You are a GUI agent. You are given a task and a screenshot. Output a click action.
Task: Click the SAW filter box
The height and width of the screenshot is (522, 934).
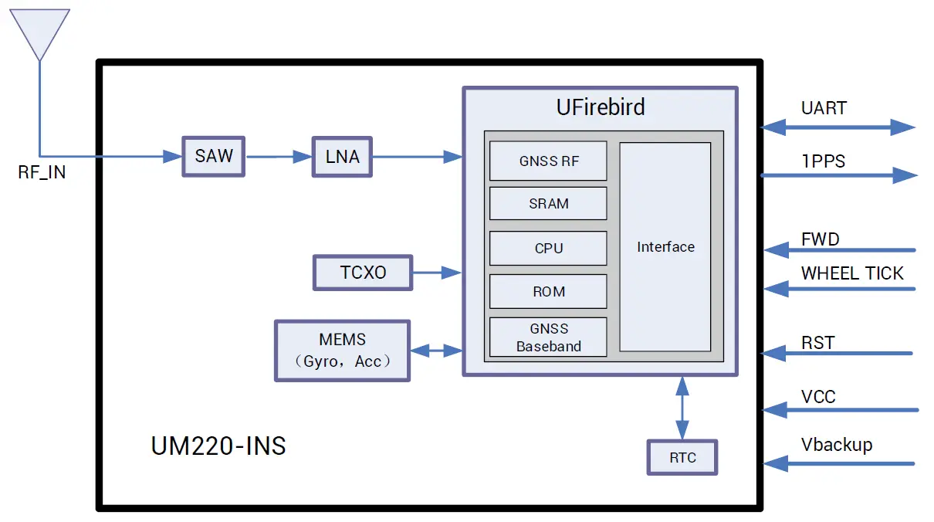point(213,156)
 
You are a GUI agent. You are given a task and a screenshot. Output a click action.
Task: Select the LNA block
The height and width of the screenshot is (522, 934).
point(342,157)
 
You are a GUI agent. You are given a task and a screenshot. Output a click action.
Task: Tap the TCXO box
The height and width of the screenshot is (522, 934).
point(362,273)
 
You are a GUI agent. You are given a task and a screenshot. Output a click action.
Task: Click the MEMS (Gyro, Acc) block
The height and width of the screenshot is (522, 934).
point(342,351)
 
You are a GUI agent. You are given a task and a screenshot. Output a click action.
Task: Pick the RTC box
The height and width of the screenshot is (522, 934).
point(682,457)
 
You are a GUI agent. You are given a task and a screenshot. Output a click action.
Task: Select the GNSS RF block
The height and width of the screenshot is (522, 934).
point(548,161)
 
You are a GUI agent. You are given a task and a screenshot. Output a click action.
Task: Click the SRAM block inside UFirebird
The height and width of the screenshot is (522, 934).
point(548,204)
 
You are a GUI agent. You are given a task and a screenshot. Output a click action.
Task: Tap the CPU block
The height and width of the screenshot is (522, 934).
point(548,249)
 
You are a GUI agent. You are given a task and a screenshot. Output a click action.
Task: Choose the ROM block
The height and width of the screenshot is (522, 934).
point(548,292)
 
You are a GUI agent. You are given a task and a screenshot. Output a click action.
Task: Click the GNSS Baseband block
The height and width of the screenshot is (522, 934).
point(548,337)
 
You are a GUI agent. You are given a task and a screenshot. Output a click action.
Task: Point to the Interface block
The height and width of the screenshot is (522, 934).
point(665,247)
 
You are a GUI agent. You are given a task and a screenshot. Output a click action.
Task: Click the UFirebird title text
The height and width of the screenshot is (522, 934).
point(601,107)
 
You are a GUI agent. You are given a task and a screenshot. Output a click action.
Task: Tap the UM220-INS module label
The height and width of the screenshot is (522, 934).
point(218,446)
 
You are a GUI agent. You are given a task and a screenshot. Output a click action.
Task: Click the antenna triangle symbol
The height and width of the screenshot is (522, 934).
point(38,31)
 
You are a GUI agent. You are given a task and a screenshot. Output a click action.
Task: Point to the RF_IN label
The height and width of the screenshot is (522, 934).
point(42,173)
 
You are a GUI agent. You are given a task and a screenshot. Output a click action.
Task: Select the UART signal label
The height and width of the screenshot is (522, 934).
point(824,108)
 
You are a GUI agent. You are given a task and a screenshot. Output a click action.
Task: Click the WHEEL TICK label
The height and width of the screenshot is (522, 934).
point(852,273)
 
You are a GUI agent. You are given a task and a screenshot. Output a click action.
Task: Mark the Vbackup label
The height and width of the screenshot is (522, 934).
point(837,445)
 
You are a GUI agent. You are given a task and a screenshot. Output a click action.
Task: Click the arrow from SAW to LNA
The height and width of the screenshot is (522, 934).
point(279,157)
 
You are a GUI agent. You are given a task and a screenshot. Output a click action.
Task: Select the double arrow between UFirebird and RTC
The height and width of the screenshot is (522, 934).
point(682,408)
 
